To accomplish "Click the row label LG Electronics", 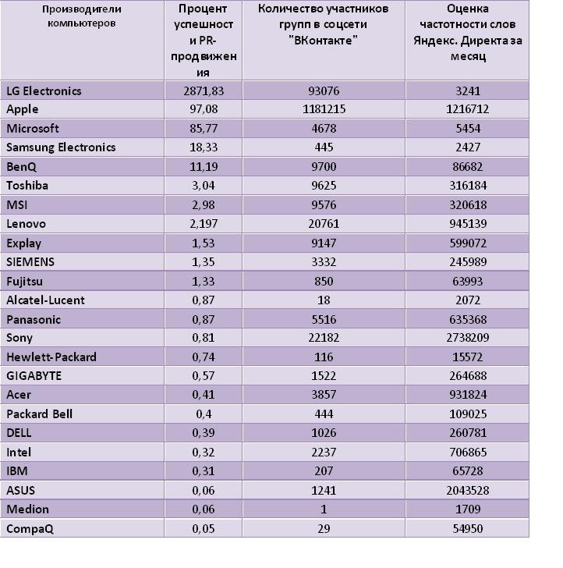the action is [44, 91].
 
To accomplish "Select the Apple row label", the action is [23, 109].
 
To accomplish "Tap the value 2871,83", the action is [204, 91].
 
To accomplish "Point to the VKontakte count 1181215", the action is [324, 109].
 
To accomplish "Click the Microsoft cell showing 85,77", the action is [204, 129].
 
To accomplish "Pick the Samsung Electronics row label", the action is [61, 147].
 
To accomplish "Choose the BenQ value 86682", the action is [467, 167].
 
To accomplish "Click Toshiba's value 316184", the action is [468, 186].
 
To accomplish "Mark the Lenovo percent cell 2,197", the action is [204, 224].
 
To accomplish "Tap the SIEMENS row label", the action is [30, 262].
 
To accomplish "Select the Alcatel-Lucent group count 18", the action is [324, 300].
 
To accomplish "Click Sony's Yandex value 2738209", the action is [467, 338].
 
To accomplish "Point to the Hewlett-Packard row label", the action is [51, 357].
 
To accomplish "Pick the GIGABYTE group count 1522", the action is [324, 376].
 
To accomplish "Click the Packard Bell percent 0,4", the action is [204, 414].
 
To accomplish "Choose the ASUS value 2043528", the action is [467, 491].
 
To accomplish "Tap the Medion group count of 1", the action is [324, 509].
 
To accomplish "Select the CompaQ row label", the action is [30, 529].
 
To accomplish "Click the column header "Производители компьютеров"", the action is [82, 16].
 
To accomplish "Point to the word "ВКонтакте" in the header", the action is [324, 41].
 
